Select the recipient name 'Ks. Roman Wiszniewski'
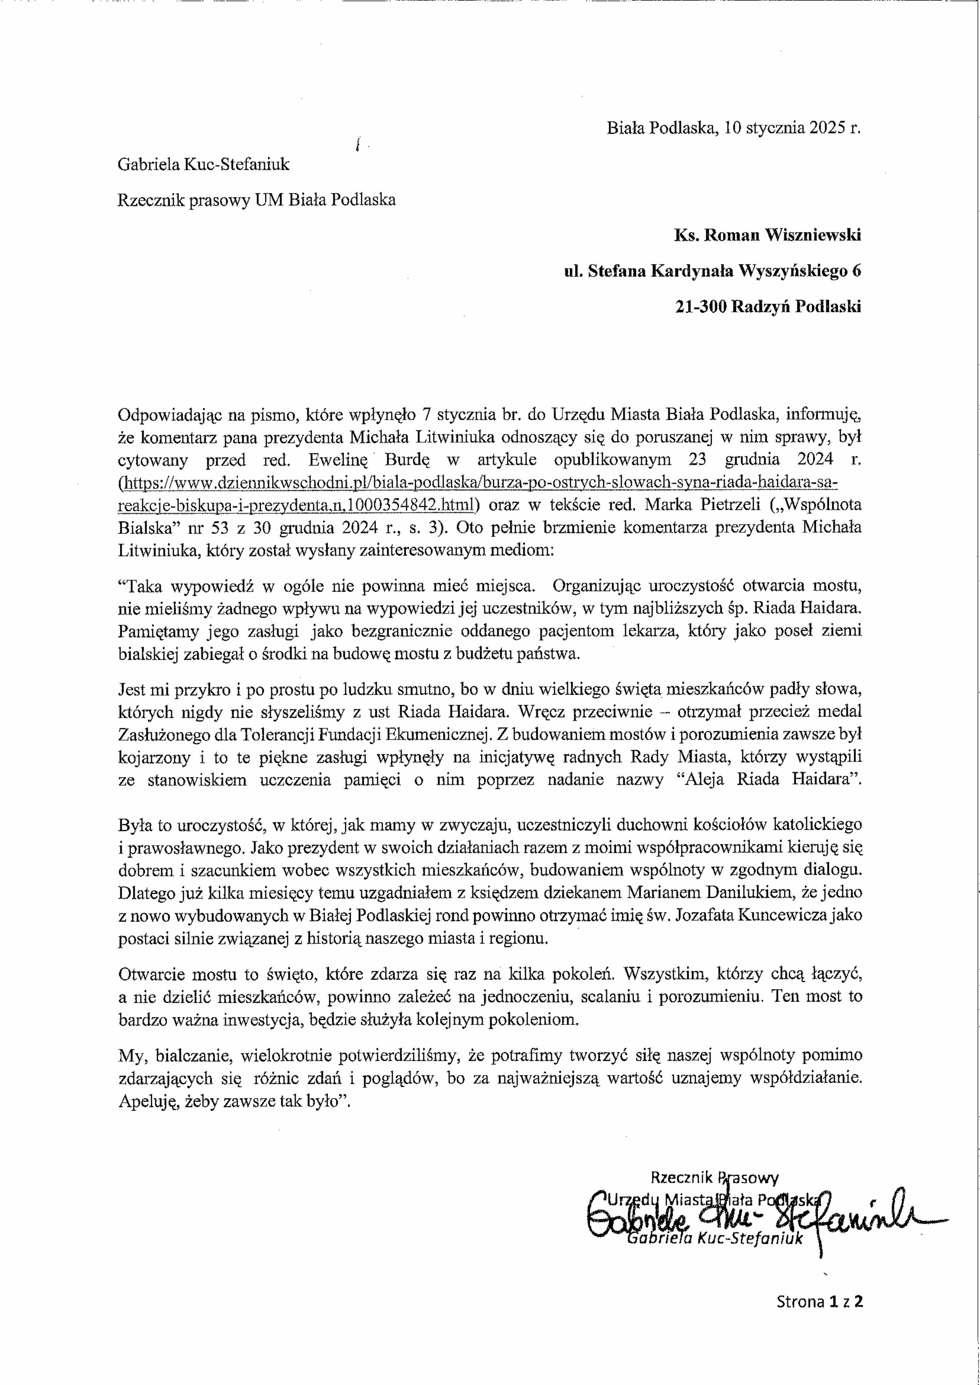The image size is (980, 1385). pyautogui.click(x=767, y=235)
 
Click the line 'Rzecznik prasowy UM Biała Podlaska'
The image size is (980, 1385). pyautogui.click(x=256, y=200)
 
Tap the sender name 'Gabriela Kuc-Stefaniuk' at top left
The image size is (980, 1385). pyautogui.click(x=203, y=164)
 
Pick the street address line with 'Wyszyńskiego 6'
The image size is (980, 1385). pyautogui.click(x=712, y=271)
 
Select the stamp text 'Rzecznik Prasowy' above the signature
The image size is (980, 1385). pyautogui.click(x=714, y=1177)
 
